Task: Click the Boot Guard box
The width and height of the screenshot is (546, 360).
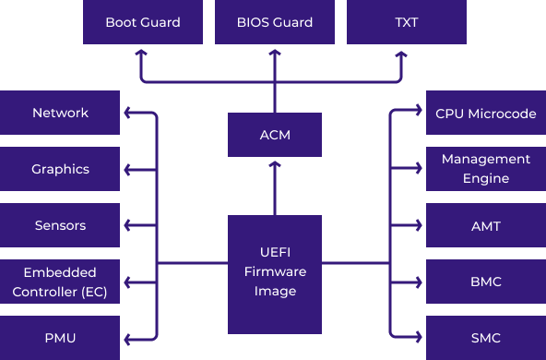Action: point(142,22)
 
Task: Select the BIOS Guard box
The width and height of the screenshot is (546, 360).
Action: point(274,22)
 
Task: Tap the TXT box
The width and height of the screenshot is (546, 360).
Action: point(406,22)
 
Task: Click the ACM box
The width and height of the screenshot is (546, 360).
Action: point(274,135)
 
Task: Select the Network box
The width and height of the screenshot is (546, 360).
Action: point(60,113)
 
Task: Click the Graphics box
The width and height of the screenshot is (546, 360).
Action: point(60,169)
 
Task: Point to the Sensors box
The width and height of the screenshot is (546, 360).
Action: point(60,225)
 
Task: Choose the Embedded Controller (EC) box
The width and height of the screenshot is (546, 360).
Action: point(60,282)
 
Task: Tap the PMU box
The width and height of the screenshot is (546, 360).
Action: point(60,338)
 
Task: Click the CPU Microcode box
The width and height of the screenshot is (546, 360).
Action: point(485,113)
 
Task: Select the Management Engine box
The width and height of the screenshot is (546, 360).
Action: point(485,169)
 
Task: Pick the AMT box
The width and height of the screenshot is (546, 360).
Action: point(485,225)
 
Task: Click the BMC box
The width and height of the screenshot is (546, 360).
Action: point(485,282)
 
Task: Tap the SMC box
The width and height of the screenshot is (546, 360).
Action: point(485,338)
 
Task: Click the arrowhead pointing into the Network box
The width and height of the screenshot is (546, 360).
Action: point(128,114)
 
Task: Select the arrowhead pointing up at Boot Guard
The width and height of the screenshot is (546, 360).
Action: point(142,53)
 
